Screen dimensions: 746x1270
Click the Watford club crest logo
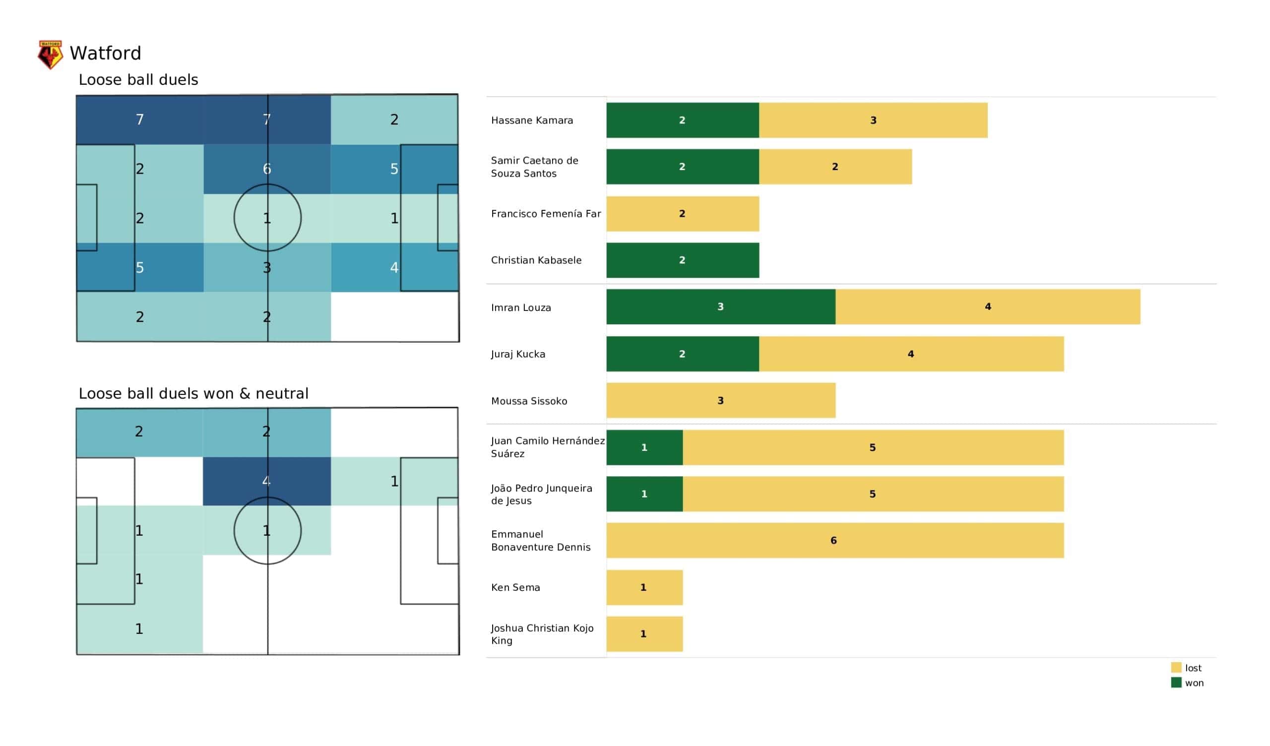[x=51, y=55]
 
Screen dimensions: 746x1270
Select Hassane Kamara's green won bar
[x=682, y=121]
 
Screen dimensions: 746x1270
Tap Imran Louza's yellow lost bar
[x=987, y=307]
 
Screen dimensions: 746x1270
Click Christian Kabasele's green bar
[x=682, y=260]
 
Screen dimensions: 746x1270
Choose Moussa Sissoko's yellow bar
[x=721, y=401]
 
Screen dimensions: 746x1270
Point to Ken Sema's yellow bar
[x=644, y=588]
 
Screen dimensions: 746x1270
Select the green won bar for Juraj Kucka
[x=682, y=354]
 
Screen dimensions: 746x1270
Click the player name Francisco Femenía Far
[x=546, y=214]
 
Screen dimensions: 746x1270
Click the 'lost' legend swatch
[x=1176, y=668]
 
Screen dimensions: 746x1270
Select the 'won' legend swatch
[x=1176, y=683]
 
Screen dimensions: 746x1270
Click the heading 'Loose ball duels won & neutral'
[x=193, y=394]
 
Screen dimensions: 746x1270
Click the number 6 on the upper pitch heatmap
[x=267, y=169]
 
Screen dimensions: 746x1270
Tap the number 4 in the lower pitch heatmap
[x=266, y=481]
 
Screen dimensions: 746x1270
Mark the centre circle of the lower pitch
[x=267, y=531]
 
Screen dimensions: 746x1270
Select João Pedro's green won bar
[x=644, y=495]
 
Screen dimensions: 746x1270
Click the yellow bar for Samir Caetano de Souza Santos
[x=835, y=167]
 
